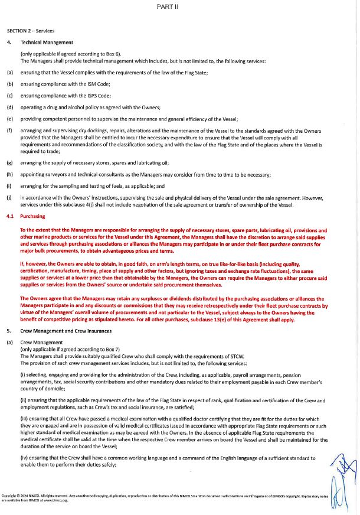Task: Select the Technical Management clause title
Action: [47, 43]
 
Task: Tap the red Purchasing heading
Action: [35, 217]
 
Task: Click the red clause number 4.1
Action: [11, 217]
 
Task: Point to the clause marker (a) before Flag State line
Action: [10, 72]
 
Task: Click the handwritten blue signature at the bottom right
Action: [339, 478]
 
